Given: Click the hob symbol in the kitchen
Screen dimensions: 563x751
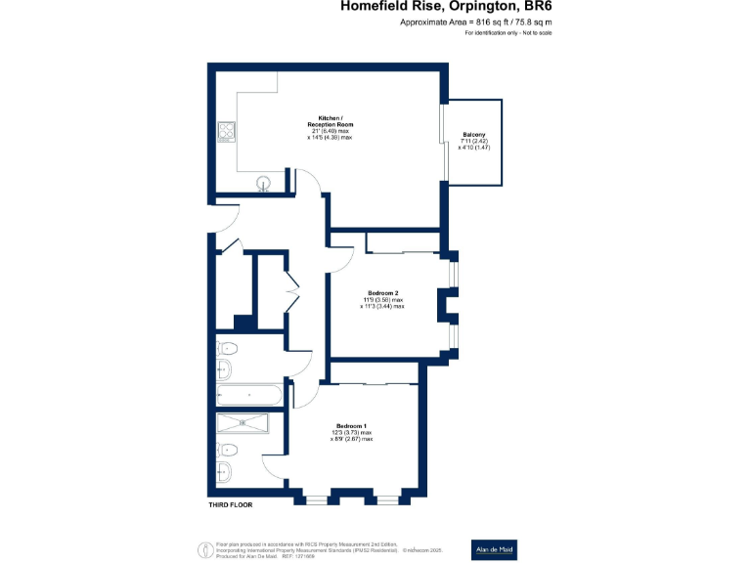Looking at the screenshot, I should point(226,130).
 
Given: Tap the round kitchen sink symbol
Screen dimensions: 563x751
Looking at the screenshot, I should point(264,183).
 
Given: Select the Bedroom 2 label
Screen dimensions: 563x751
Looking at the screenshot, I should point(382,293).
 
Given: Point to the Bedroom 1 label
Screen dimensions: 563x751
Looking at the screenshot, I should point(352,426).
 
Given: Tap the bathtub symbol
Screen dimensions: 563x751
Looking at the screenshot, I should point(248,396).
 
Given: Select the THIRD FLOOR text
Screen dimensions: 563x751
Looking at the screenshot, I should point(230,505).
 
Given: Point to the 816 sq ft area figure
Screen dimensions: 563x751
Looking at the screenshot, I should point(484,22).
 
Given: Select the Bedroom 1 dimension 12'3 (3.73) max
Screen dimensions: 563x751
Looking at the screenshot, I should point(352,433).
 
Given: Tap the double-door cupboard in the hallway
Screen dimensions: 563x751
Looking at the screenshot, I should point(289,290).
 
